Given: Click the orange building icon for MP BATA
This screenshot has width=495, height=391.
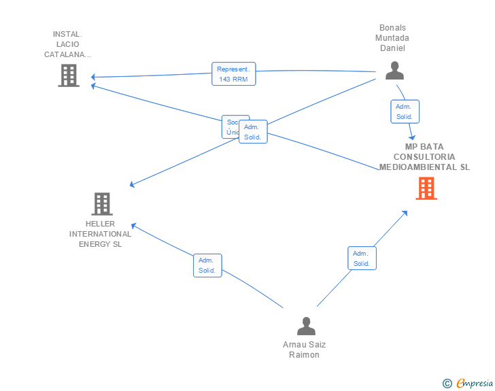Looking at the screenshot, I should tap(426, 188).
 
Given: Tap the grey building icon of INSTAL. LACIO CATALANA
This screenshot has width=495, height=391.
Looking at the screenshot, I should tap(68, 75).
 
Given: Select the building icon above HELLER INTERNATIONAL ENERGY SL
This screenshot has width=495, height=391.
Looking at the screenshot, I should tap(101, 203).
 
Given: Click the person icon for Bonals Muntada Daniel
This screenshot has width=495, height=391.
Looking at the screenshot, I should tap(394, 71).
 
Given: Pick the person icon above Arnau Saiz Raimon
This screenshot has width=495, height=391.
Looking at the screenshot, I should tap(306, 326).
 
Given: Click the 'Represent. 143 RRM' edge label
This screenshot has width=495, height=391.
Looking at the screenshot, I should tap(233, 74).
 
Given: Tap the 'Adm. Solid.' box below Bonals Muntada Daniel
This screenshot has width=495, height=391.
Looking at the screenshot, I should tap(405, 112).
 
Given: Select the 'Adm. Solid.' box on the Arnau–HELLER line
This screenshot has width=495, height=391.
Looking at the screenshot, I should tap(207, 265).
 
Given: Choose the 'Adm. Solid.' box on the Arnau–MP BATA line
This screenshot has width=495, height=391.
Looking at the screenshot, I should tap(361, 258).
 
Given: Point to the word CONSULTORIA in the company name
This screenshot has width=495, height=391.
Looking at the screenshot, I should tap(424, 156).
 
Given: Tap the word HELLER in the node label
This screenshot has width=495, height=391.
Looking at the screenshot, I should tap(101, 224).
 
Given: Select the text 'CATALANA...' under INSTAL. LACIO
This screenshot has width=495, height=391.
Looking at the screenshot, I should tap(68, 54).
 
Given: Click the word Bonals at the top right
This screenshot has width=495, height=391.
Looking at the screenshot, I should tap(392, 28).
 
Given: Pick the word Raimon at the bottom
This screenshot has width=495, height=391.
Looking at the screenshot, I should tap(304, 355).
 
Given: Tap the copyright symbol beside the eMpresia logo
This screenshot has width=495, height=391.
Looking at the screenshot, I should tap(447, 384).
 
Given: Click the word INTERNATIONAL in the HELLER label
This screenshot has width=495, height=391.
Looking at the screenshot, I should tap(101, 234).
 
